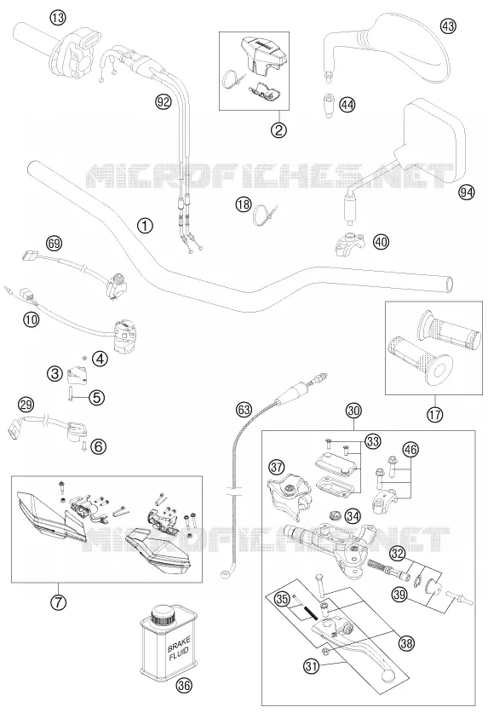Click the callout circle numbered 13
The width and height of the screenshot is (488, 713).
coord(58,18)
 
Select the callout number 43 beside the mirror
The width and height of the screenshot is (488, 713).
coord(448,26)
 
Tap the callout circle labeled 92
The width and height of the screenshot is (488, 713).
coord(163,101)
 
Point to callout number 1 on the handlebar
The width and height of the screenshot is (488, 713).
coord(145,226)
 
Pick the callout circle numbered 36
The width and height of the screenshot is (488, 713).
coord(184,685)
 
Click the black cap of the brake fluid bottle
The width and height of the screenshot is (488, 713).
coord(164,617)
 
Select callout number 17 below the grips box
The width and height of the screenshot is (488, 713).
coord(435,414)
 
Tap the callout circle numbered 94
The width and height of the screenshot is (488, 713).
coord(466,193)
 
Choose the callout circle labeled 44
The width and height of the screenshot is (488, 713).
coord(347,105)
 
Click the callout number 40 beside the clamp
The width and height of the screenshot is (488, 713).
coord(381,241)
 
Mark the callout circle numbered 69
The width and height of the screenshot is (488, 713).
coord(55,244)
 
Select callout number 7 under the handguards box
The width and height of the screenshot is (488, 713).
coord(58,602)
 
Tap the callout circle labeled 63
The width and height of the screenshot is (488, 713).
coord(244,410)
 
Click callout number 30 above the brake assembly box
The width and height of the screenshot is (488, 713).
coord(353,411)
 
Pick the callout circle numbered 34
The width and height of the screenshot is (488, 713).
coord(352,516)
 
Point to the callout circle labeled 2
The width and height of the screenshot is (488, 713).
coord(278,130)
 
